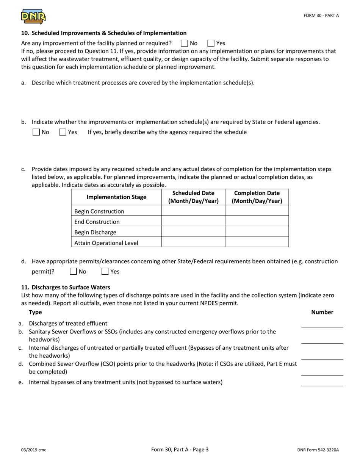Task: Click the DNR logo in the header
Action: [33, 17]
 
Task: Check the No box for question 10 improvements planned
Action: [185, 43]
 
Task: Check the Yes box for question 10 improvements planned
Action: [211, 43]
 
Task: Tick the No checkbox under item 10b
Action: [36, 132]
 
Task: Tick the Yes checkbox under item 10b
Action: [63, 132]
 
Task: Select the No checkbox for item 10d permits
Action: [74, 272]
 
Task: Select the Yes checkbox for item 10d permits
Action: [105, 272]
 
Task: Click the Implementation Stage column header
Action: [116, 197]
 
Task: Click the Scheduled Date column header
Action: [193, 197]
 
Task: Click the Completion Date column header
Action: [257, 197]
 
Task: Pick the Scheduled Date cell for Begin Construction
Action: [193, 211]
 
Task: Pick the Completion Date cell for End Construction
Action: [257, 222]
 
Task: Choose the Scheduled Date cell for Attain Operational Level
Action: [193, 242]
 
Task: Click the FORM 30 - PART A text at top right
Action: [321, 16]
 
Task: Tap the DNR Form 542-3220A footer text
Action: [318, 450]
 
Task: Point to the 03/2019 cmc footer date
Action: [34, 450]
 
